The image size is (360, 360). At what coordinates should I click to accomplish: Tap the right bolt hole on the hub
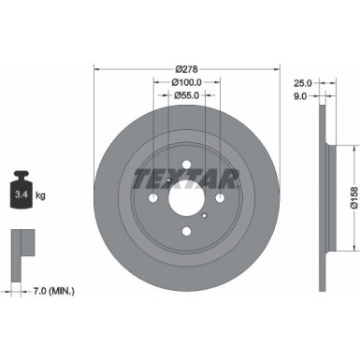point(220,199)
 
